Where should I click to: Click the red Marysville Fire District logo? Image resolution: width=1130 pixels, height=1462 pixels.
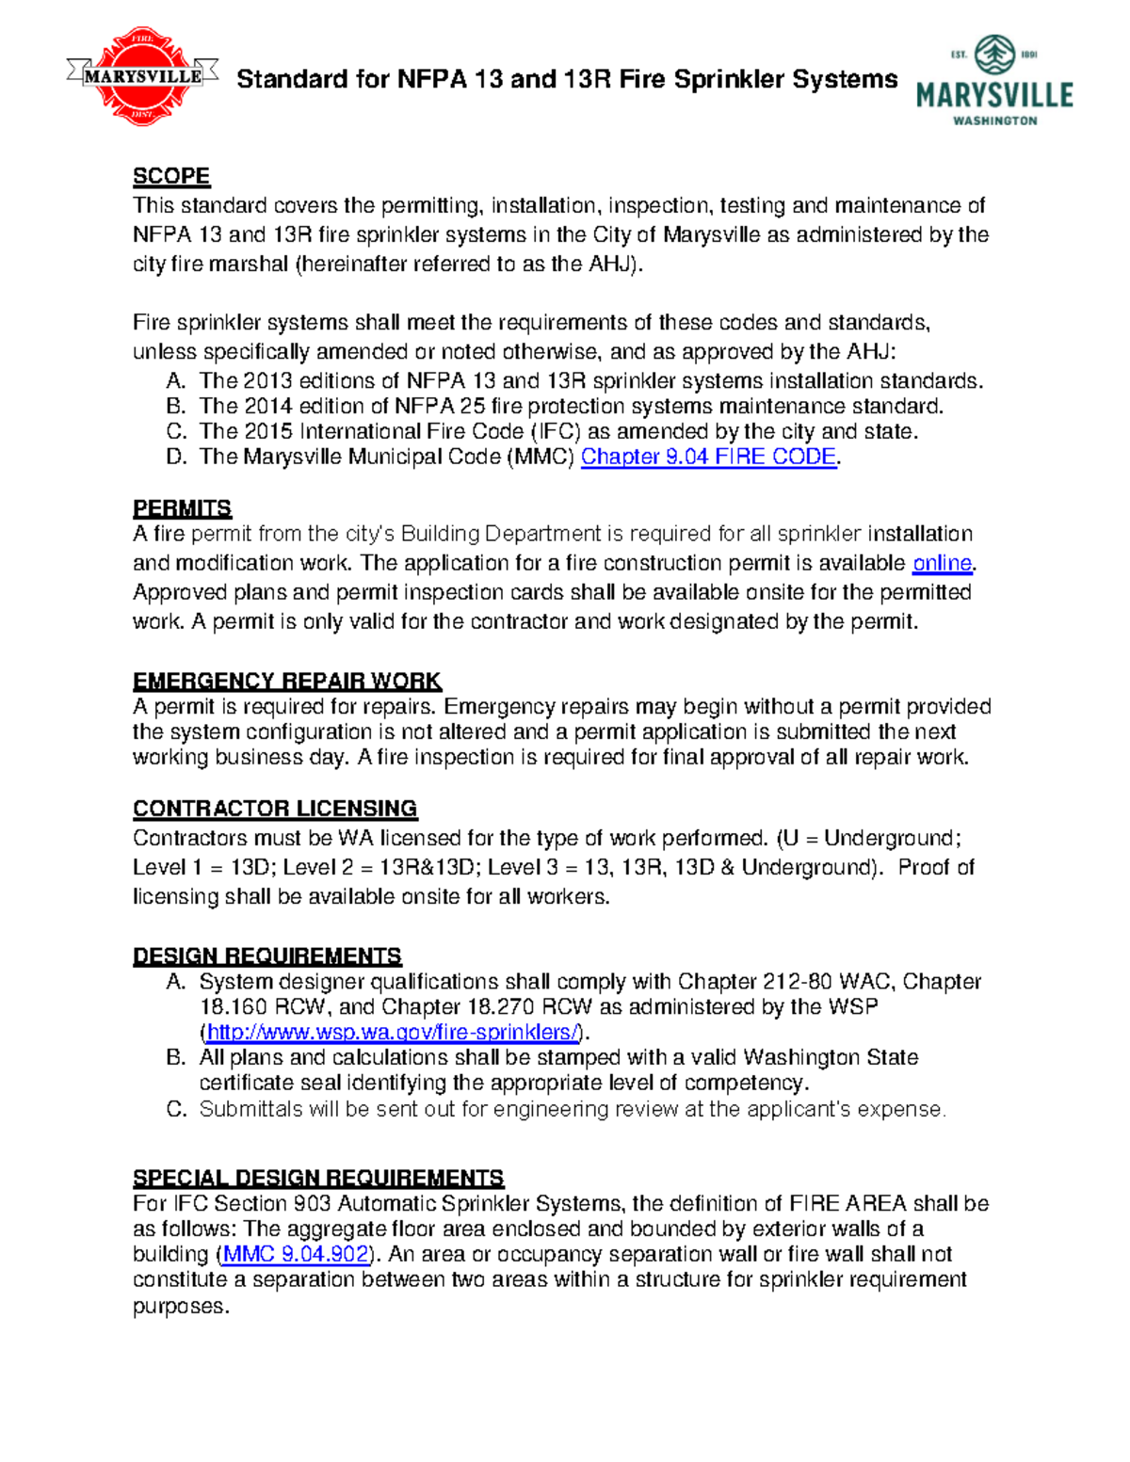point(143,76)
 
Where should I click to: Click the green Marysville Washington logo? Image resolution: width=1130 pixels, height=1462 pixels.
point(994,81)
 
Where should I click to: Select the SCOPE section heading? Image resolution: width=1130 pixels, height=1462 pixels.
point(171,176)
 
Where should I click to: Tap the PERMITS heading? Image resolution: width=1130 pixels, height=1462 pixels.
point(182,508)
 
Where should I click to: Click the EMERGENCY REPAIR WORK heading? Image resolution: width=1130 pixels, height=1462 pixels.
point(287,681)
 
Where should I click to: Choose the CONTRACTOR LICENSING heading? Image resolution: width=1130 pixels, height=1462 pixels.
point(275,809)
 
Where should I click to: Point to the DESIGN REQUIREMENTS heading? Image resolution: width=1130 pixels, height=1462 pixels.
point(267,956)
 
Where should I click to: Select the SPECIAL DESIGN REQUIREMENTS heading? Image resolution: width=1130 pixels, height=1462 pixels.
point(318,1178)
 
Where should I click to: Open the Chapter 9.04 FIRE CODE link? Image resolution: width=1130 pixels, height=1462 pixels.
point(708,457)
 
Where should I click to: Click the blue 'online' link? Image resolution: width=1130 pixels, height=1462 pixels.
point(942,563)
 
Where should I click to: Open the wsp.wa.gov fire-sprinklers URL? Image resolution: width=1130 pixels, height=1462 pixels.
point(392,1032)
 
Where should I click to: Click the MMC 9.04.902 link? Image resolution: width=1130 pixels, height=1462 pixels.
point(296,1254)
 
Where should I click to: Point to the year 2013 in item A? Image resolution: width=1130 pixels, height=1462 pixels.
point(267,381)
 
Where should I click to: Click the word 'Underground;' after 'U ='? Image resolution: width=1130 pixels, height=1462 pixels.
point(892,838)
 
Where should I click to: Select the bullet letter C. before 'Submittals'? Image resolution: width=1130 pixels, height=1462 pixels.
point(176,1109)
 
